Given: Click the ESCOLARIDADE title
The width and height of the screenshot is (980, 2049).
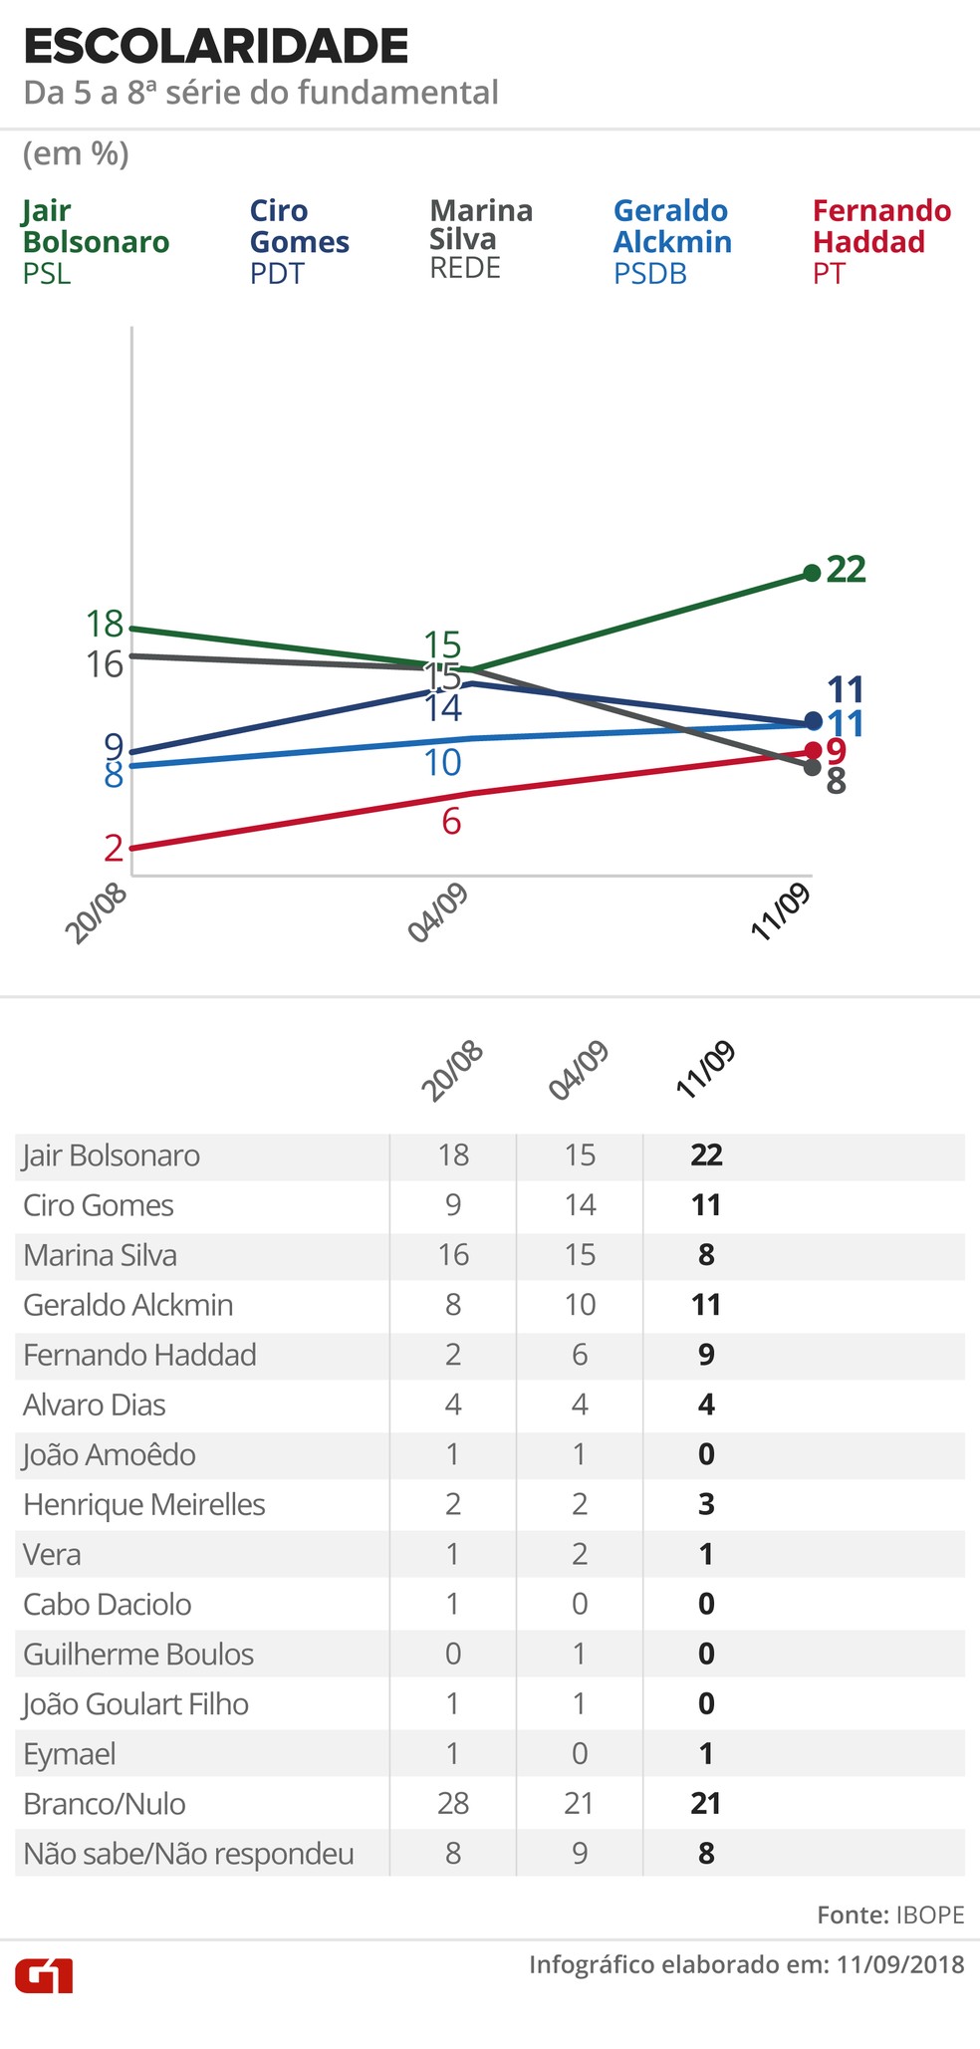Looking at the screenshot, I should point(215,47).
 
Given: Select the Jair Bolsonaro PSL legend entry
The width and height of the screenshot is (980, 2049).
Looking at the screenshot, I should point(96,241).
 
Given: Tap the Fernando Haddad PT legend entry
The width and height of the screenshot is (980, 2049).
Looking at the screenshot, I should point(881,241).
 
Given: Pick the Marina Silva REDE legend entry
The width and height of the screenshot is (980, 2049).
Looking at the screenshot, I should point(481,239).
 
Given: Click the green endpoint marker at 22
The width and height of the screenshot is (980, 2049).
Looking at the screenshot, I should point(812,573).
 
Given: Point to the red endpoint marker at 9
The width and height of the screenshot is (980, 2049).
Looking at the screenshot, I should point(813,749).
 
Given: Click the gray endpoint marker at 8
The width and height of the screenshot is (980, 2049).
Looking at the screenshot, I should point(812,767).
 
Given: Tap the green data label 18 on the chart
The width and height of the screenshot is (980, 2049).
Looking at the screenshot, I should point(105,625).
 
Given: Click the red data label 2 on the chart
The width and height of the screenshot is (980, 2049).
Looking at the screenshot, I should point(114,848).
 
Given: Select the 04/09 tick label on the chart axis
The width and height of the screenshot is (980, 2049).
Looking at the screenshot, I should point(438,913).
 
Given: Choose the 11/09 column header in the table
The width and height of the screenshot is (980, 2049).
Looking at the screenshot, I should point(705,1070).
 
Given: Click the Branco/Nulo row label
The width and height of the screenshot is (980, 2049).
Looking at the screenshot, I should point(105,1803).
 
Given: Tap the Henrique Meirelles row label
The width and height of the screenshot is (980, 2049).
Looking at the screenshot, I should point(144,1503).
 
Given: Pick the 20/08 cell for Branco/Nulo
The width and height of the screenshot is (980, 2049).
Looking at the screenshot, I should point(453,1803).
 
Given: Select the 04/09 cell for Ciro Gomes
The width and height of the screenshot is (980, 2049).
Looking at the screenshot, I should point(580,1205).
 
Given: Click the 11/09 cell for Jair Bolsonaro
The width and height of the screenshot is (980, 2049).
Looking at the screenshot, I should point(706,1155).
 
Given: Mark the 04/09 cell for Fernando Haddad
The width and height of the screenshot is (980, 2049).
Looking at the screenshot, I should point(580,1355).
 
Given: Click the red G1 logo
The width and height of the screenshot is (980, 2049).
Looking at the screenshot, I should point(44,1975).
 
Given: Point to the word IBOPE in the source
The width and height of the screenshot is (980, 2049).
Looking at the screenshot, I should point(930,1915).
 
